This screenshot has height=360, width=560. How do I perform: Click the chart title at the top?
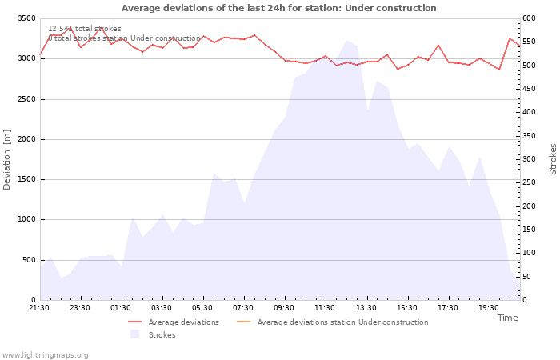pos(279,8)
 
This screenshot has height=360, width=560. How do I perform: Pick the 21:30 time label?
pos(39,307)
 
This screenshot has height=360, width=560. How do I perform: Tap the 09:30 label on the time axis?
pos(284,307)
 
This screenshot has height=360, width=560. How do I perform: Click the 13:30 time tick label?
pos(366,307)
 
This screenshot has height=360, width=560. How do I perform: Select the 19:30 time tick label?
pos(488,307)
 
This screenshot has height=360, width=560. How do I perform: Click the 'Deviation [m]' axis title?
pos(8,159)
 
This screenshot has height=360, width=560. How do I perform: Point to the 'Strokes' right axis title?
pos(553,159)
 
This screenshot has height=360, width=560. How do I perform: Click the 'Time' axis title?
pos(507,318)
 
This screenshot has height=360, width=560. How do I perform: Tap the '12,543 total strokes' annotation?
pos(85,29)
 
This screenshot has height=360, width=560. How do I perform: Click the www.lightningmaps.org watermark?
pos(46,355)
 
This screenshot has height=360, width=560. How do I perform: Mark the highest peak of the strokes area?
pos(347,40)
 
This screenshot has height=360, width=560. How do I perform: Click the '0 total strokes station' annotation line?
pos(124,38)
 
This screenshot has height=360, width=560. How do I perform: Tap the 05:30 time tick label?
pos(202,307)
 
